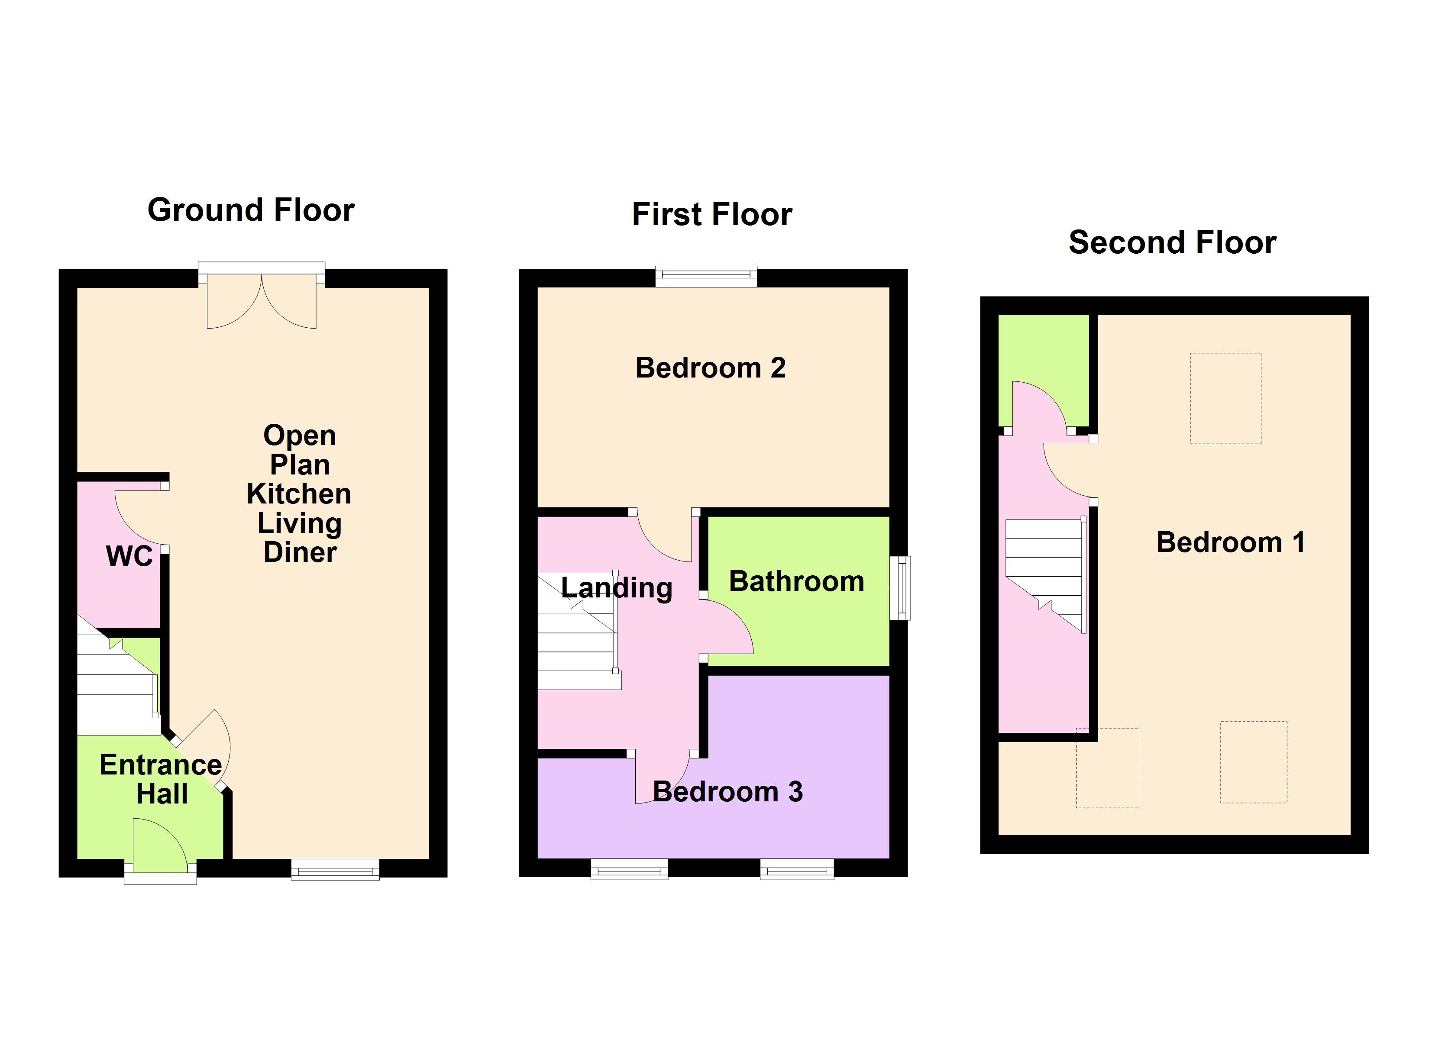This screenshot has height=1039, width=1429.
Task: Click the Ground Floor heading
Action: [251, 210]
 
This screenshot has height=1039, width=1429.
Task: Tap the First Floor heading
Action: [711, 214]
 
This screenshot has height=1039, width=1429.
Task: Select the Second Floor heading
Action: [1172, 242]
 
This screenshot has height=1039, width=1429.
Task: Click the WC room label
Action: [129, 556]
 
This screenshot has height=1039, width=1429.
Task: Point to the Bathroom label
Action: [796, 581]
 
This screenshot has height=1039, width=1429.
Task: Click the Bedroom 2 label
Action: [710, 368]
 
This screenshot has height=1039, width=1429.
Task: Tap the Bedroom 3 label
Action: [728, 792]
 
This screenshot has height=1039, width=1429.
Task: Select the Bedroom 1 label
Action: [1230, 542]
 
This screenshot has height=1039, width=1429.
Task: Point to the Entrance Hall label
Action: [161, 779]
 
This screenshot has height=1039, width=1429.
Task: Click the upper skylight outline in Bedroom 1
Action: [1225, 398]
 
